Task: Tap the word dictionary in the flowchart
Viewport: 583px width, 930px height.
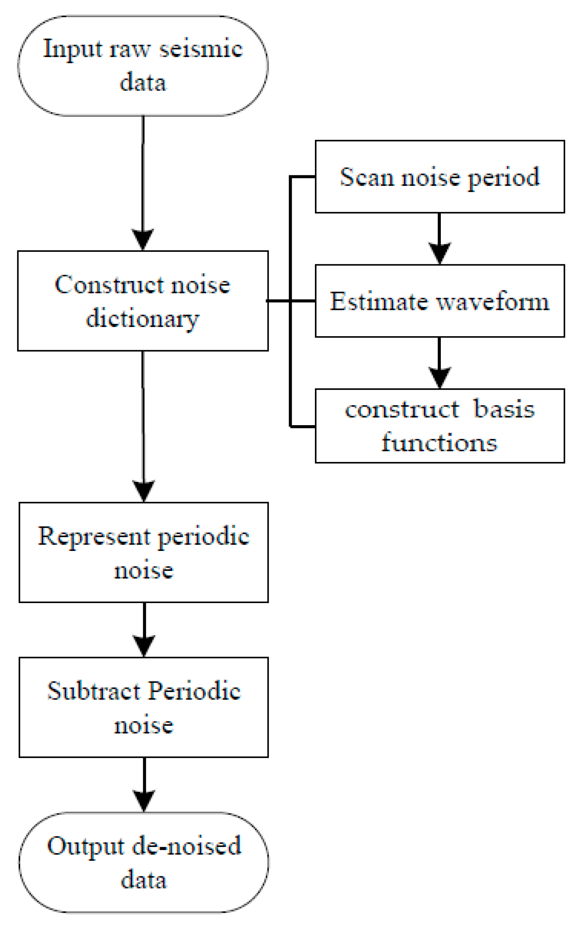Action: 142,319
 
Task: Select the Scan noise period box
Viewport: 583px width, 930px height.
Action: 439,177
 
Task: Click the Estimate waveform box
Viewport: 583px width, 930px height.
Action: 439,301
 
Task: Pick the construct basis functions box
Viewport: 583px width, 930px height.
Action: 439,426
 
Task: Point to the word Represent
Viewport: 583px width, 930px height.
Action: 94,536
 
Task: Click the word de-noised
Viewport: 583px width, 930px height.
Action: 187,846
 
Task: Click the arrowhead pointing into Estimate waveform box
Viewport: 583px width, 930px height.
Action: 439,253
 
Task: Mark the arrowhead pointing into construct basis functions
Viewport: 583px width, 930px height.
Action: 439,378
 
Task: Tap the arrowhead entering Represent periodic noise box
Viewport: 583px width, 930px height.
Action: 144,491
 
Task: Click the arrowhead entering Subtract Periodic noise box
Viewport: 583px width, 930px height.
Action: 144,646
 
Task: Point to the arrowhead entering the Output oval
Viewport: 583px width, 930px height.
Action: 144,801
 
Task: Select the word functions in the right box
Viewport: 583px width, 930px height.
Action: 439,442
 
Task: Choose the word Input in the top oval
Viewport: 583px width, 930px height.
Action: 73,50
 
